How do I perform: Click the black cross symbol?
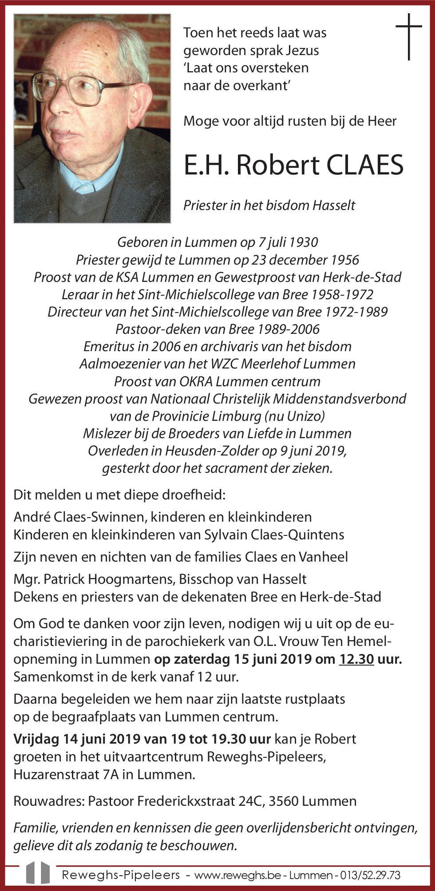[x=408, y=36]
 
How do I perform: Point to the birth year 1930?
[x=303, y=242]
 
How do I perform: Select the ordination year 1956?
[x=344, y=260]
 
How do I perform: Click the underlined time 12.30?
[x=356, y=659]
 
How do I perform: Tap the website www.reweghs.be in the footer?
[x=237, y=875]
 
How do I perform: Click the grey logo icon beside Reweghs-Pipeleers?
[x=38, y=873]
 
